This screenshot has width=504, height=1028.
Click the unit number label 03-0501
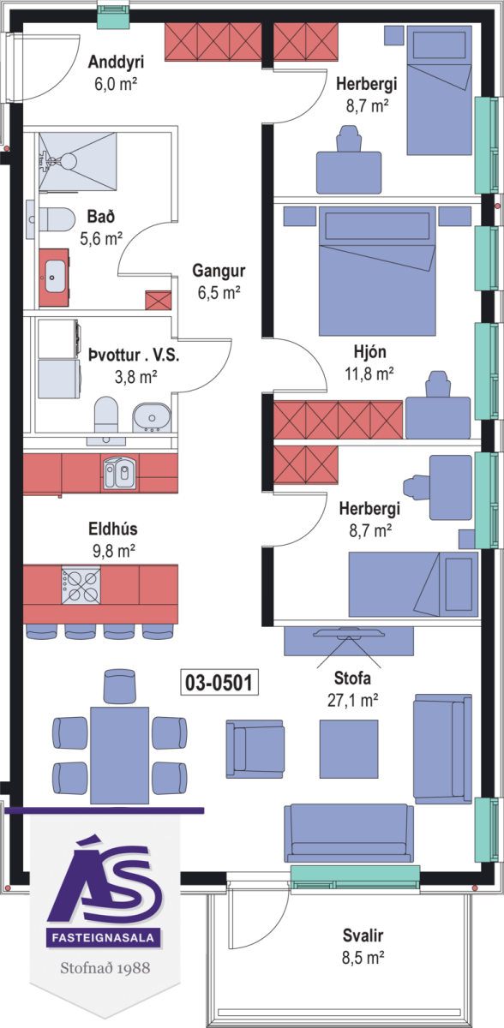click(x=219, y=683)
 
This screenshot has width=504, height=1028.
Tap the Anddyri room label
click(x=116, y=62)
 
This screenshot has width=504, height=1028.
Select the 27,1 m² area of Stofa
click(x=352, y=701)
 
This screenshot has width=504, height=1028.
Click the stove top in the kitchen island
click(x=81, y=586)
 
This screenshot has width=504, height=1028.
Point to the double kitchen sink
click(x=119, y=473)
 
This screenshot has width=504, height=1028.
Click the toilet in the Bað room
click(x=57, y=220)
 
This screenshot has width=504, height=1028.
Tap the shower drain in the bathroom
click(x=68, y=161)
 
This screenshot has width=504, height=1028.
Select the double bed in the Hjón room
click(x=377, y=271)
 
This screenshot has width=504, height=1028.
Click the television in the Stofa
click(x=349, y=633)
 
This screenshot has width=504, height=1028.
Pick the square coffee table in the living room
click(x=349, y=749)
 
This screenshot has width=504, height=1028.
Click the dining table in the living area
click(x=119, y=755)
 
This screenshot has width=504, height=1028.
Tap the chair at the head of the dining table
click(x=119, y=685)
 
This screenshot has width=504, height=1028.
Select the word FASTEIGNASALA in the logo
click(x=103, y=936)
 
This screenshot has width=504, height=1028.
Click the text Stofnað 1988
click(x=105, y=968)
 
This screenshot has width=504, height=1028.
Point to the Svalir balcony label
click(x=363, y=935)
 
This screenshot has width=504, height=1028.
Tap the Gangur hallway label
click(x=219, y=271)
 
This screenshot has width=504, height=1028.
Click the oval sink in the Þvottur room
click(x=152, y=418)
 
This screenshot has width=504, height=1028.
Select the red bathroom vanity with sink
click(x=54, y=278)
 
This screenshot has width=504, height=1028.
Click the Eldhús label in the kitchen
click(x=113, y=529)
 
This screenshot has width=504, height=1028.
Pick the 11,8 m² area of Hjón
click(x=369, y=374)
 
